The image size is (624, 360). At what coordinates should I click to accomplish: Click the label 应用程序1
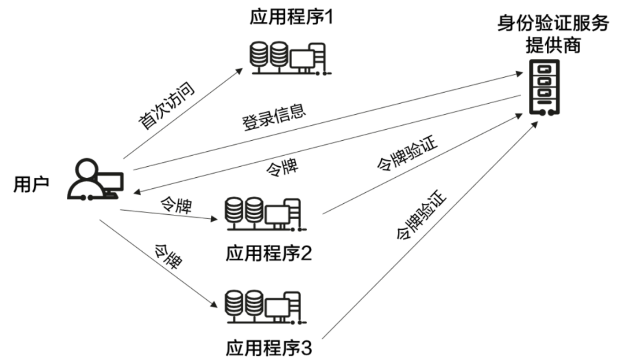(292, 19)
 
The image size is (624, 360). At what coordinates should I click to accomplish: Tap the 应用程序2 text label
(268, 254)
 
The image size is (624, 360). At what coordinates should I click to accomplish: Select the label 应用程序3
(268, 349)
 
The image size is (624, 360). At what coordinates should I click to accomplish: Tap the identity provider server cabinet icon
(544, 88)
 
